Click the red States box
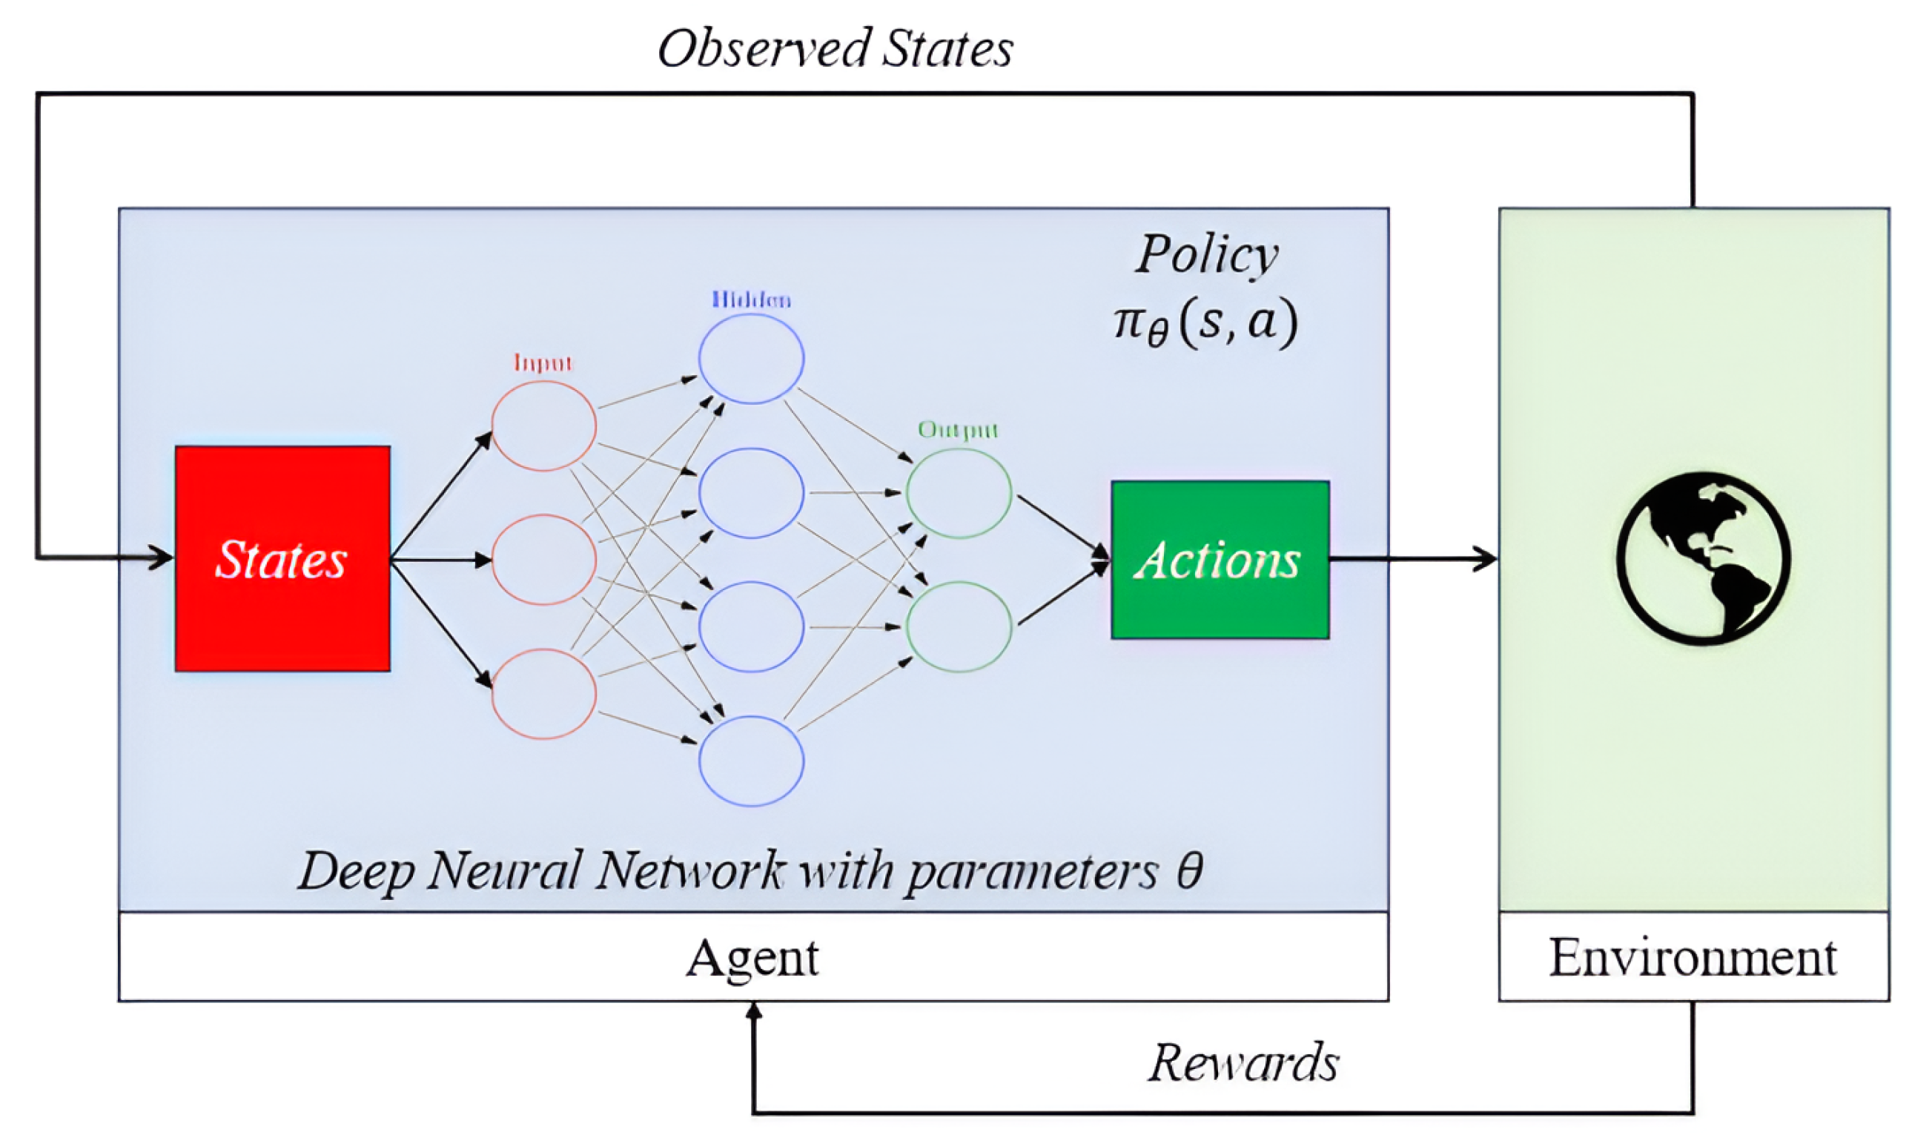pyautogui.click(x=282, y=558)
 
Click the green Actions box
pyautogui.click(x=1219, y=560)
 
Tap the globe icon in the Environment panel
pyautogui.click(x=1702, y=559)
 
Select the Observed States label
pyautogui.click(x=835, y=49)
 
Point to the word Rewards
pyautogui.click(x=1243, y=1062)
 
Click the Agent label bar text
pyautogui.click(x=752, y=958)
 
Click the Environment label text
pyautogui.click(x=1692, y=958)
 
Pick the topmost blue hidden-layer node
pyautogui.click(x=750, y=359)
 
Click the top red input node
pyautogui.click(x=543, y=426)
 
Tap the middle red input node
pyautogui.click(x=543, y=560)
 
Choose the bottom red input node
pyautogui.click(x=543, y=694)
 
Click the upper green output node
pyautogui.click(x=959, y=493)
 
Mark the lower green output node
pyautogui.click(x=959, y=626)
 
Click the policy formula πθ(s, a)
pyautogui.click(x=1205, y=322)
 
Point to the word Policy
pyautogui.click(x=1206, y=254)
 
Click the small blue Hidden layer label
pyautogui.click(x=750, y=300)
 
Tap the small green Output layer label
pyautogui.click(x=958, y=430)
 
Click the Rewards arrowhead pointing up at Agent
pyautogui.click(x=753, y=1011)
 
